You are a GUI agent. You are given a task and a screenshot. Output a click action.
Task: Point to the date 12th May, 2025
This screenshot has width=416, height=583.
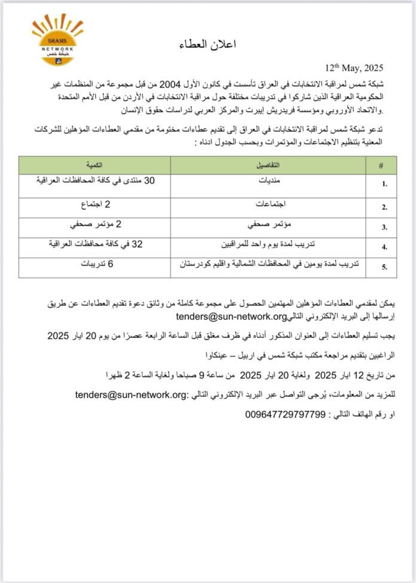(x=353, y=67)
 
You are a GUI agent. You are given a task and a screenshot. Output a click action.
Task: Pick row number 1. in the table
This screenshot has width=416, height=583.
(x=386, y=184)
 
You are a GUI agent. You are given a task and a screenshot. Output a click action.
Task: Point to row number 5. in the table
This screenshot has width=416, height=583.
(x=386, y=267)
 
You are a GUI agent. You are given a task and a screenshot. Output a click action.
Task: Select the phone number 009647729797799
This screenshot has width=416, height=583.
(x=285, y=414)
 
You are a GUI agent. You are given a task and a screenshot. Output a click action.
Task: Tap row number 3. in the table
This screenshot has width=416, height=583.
(x=386, y=227)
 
